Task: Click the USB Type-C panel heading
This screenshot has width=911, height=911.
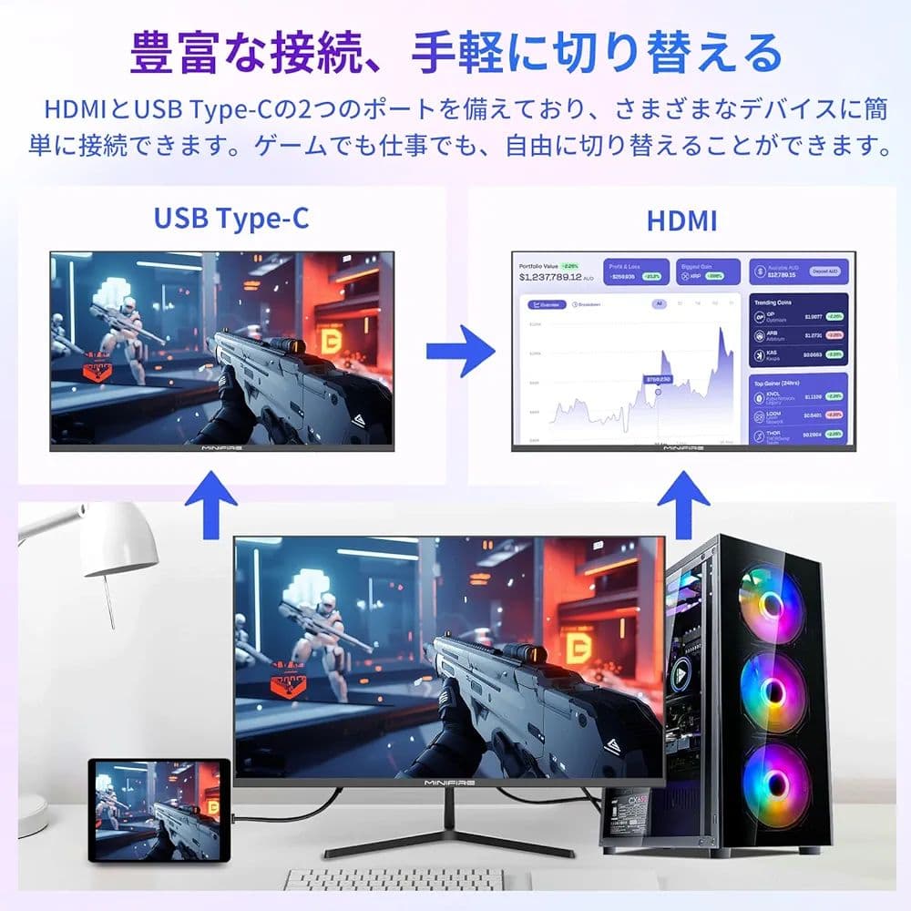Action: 230,219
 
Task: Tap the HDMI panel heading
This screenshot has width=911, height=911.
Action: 681,220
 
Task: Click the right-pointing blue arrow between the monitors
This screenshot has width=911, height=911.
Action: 460,348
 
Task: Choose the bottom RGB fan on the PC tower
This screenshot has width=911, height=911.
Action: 775,785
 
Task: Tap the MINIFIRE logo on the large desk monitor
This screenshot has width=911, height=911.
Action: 448,781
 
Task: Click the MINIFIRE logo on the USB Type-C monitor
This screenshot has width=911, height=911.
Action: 220,448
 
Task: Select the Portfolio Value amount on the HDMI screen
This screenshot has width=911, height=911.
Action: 556,277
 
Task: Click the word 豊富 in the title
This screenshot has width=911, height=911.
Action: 174,53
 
